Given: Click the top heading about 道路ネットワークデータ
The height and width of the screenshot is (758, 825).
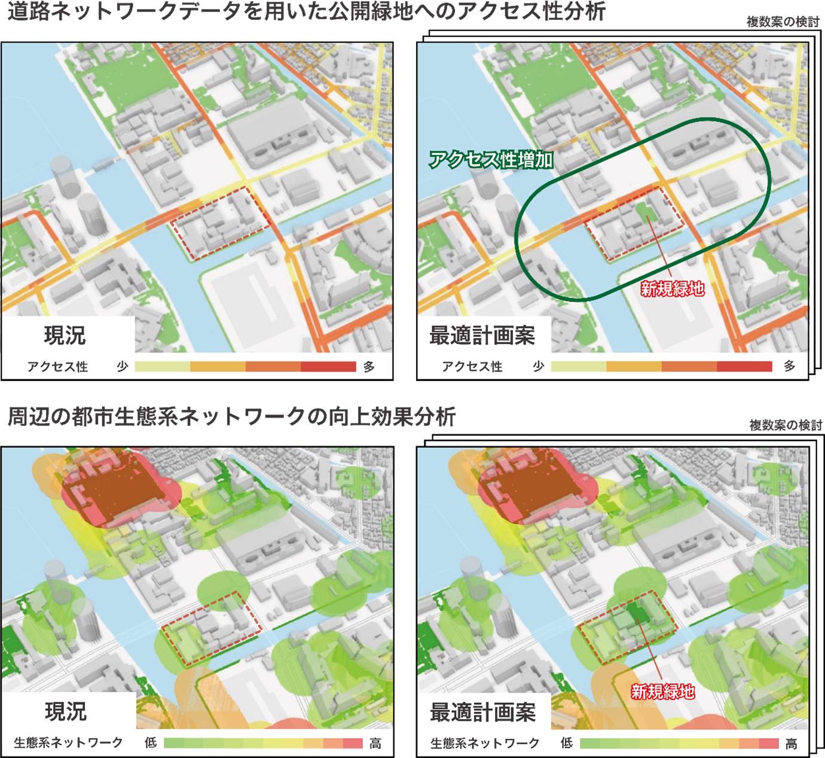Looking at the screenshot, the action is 306,11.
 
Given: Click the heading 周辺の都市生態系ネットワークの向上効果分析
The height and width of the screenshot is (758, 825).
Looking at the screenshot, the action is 232,416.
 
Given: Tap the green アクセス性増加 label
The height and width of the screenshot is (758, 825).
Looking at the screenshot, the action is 491,160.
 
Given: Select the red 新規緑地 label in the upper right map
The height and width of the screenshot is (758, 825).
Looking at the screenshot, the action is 672,289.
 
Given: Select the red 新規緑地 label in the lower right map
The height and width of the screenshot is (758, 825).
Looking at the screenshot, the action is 662,692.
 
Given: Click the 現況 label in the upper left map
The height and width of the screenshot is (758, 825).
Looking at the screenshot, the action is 65,335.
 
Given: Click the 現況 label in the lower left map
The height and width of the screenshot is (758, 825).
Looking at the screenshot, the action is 66,711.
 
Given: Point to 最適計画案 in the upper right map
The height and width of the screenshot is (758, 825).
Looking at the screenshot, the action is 482,336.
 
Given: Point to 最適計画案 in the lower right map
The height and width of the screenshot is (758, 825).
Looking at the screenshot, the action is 482,712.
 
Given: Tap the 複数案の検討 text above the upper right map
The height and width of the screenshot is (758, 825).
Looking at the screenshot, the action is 783,22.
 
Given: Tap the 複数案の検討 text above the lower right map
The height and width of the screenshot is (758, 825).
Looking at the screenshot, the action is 786,425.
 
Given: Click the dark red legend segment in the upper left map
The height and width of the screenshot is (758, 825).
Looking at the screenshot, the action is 328,367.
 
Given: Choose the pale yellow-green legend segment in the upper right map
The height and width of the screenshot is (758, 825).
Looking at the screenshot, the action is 578,367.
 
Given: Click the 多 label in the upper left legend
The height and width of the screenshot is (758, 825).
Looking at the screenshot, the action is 369,367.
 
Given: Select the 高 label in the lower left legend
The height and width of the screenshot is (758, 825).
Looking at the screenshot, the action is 375,744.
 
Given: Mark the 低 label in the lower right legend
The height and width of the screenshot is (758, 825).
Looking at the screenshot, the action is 566,744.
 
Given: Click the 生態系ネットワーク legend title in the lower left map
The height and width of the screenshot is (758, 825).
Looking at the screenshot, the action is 68,743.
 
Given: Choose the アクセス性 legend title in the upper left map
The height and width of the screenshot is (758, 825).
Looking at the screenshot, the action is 57,367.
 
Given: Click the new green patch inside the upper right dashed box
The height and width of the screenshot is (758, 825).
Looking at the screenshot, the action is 644,211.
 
